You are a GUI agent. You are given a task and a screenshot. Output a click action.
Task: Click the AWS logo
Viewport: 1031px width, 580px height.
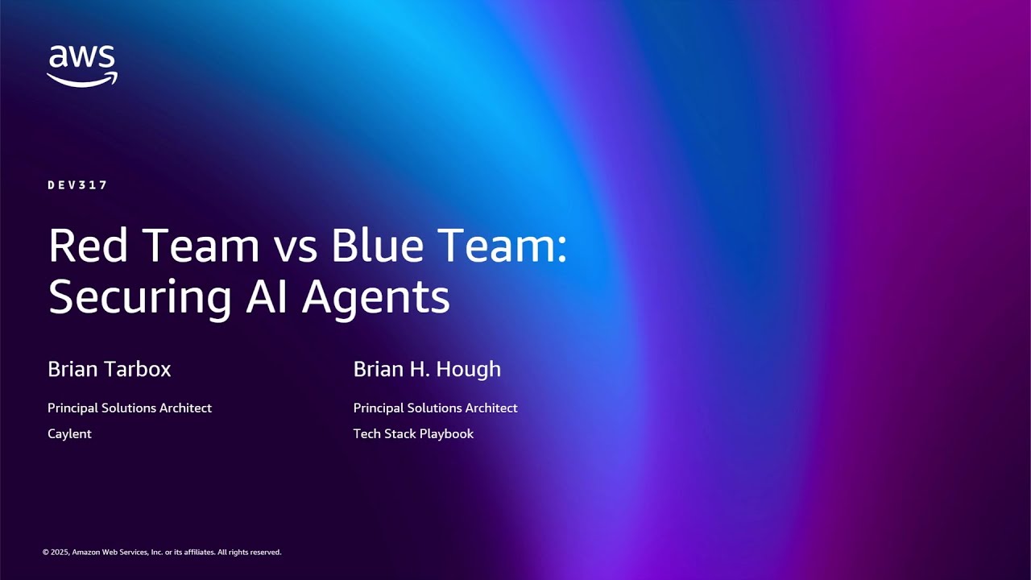(x=81, y=65)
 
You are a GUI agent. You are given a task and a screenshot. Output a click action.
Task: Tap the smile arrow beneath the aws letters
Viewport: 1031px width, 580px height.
(x=81, y=79)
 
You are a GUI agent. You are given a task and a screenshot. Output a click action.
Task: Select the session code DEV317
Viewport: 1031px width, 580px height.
(x=77, y=185)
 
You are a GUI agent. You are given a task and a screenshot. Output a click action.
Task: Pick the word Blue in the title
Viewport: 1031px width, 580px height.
(x=378, y=246)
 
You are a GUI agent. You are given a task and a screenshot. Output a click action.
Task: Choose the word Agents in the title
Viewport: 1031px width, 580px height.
(x=375, y=298)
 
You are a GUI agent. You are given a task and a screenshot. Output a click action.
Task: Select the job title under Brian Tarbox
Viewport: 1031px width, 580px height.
(x=130, y=408)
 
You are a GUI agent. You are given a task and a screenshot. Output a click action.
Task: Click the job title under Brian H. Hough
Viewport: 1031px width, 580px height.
(x=435, y=408)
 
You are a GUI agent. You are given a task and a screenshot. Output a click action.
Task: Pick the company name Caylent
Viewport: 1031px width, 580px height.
(x=70, y=433)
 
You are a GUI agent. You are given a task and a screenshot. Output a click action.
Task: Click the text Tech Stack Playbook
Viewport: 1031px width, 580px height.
(x=413, y=433)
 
